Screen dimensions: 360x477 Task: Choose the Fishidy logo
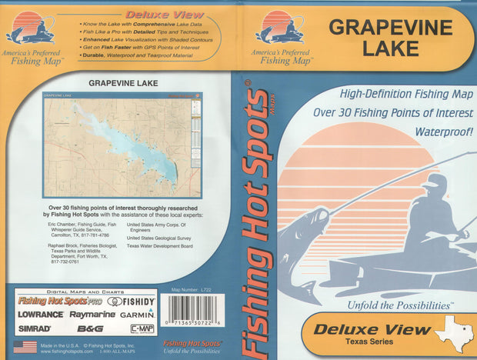point(131,301)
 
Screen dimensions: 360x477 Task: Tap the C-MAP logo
point(141,328)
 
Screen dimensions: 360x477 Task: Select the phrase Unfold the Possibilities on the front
point(385,305)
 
